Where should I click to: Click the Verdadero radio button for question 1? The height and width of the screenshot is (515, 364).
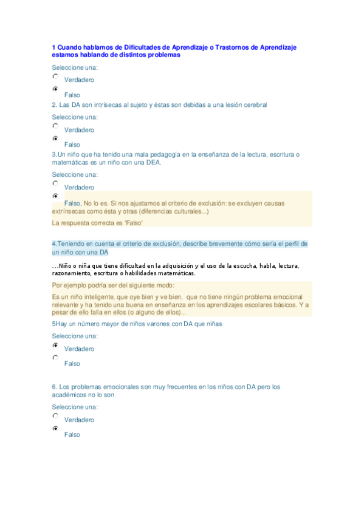(x=55, y=77)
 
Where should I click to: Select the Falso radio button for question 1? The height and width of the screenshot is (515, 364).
(x=55, y=89)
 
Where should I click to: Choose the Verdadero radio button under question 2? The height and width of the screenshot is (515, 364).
(x=55, y=126)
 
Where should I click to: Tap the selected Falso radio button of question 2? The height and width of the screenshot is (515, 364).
(x=55, y=138)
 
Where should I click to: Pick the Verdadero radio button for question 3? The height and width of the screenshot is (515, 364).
(x=55, y=183)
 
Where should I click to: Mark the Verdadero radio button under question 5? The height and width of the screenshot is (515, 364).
(x=55, y=345)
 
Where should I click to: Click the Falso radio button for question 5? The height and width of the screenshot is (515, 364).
(x=55, y=358)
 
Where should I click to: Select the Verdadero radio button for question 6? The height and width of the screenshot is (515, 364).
(x=55, y=416)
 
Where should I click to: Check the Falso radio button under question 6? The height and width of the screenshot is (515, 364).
(x=55, y=428)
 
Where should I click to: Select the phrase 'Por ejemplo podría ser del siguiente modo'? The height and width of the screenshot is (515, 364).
(x=113, y=285)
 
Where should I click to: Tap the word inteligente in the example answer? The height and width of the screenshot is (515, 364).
(x=104, y=296)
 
